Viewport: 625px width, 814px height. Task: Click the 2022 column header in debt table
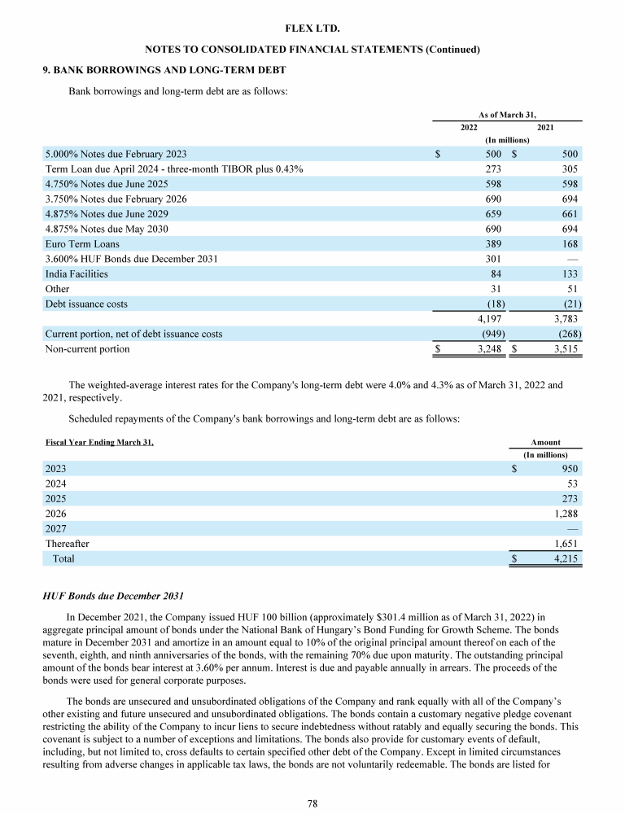pyautogui.click(x=469, y=127)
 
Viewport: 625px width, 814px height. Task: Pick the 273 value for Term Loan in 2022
pyautogui.click(x=492, y=168)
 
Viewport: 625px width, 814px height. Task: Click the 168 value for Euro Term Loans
pyautogui.click(x=570, y=244)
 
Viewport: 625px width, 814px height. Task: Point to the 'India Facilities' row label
pyautogui.click(x=76, y=274)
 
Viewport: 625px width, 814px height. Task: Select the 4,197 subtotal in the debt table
pyautogui.click(x=488, y=319)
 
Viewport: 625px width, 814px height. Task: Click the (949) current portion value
pyautogui.click(x=490, y=334)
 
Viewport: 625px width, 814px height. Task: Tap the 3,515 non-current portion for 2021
pyautogui.click(x=565, y=349)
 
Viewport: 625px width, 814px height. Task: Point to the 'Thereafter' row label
pyautogui.click(x=68, y=544)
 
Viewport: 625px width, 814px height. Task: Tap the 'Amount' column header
pyautogui.click(x=545, y=442)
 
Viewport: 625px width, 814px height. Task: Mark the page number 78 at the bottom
pyautogui.click(x=312, y=803)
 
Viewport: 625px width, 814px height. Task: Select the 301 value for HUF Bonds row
pyautogui.click(x=492, y=259)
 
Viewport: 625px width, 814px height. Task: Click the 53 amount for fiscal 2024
pyautogui.click(x=571, y=484)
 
